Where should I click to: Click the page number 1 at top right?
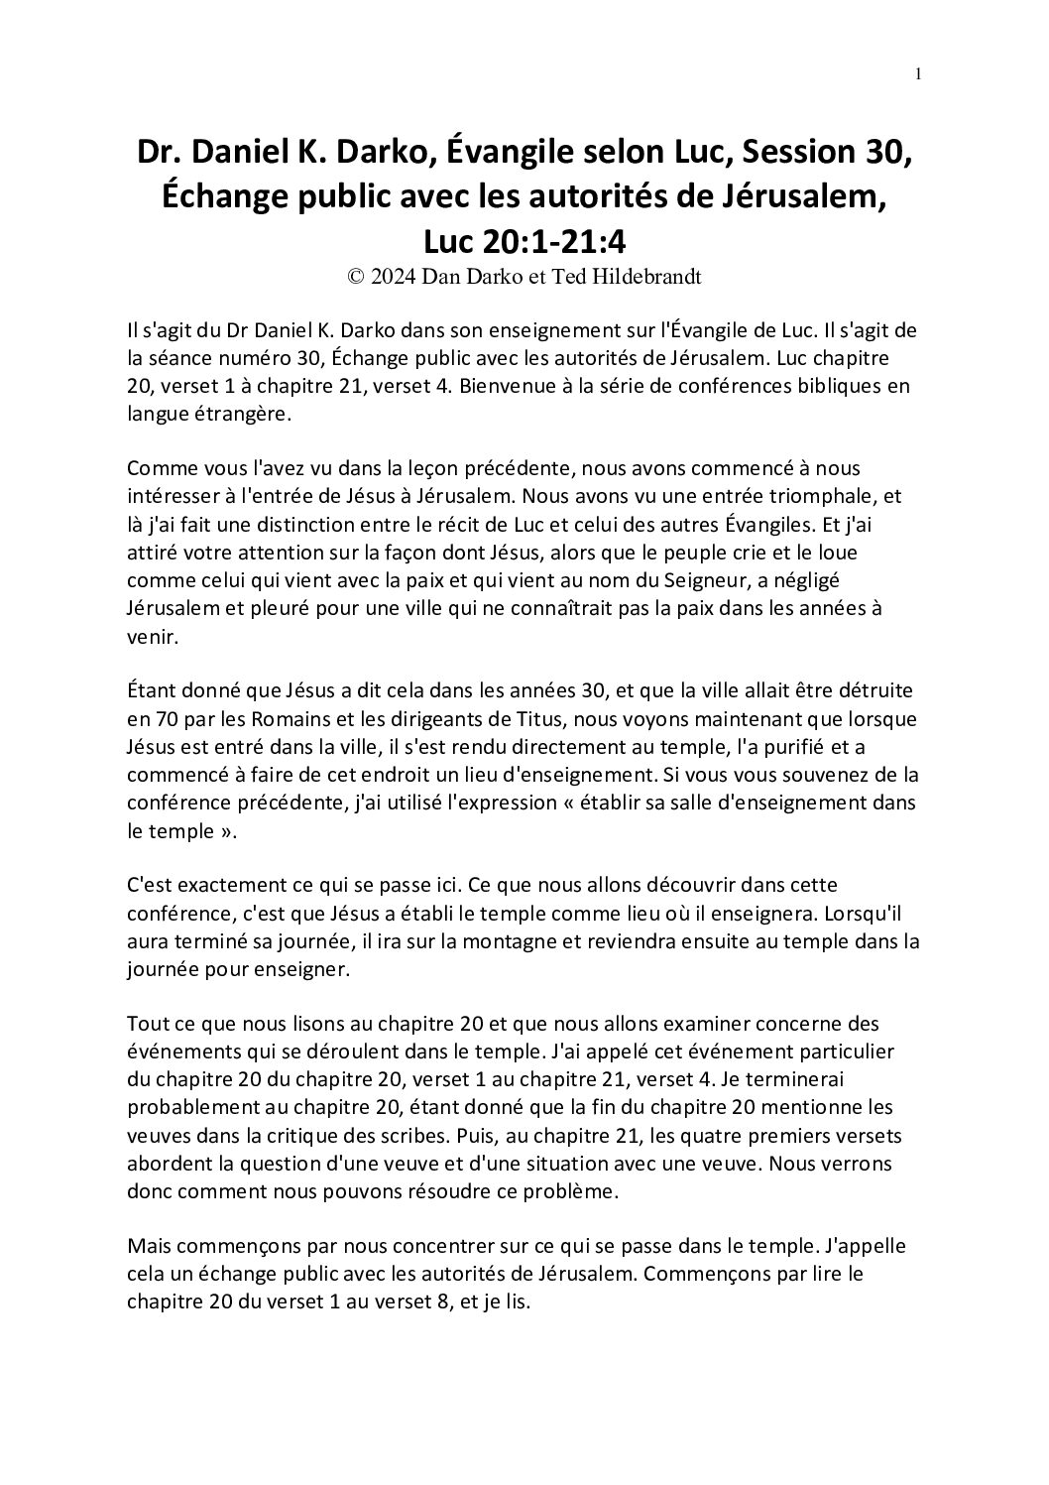pos(919,72)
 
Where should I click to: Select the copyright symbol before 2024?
pos(355,278)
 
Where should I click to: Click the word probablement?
pos(188,1105)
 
